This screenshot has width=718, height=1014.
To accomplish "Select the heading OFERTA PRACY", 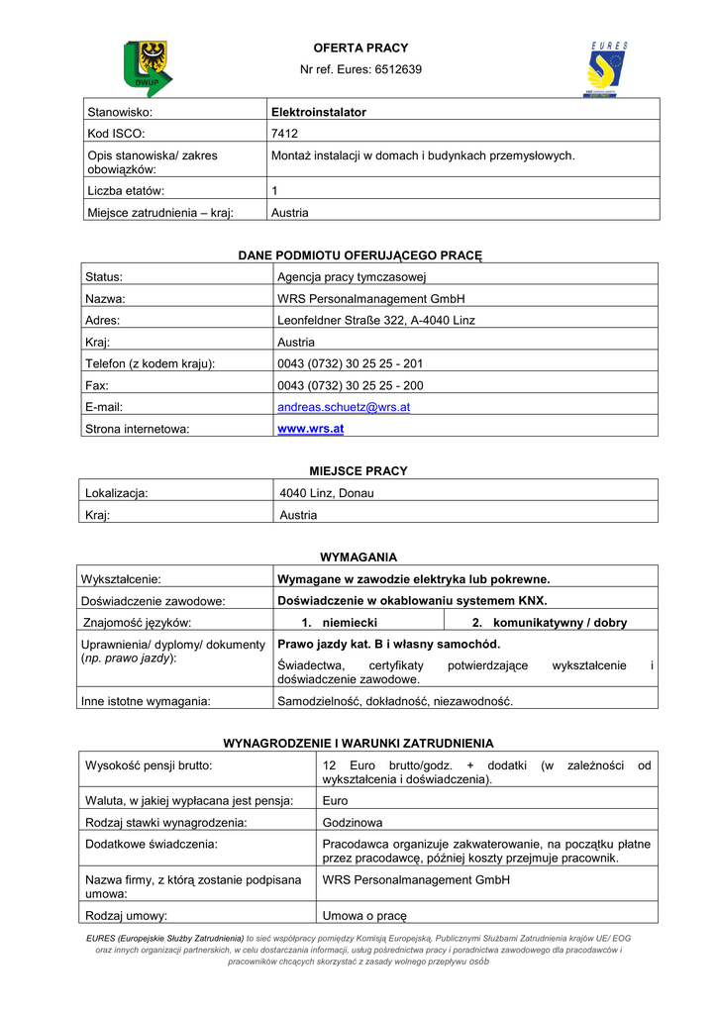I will (360, 48).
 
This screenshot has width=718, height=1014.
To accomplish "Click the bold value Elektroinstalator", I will (319, 113).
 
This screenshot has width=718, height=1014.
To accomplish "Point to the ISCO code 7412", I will (283, 134).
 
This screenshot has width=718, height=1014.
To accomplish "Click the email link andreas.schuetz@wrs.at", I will (344, 407).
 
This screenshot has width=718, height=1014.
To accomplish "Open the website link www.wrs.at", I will (311, 429).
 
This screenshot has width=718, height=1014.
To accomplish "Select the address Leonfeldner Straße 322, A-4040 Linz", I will (376, 321).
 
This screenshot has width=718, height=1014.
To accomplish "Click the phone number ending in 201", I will (351, 363).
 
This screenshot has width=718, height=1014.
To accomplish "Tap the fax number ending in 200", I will (351, 385).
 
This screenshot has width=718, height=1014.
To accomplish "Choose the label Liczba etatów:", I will (126, 190).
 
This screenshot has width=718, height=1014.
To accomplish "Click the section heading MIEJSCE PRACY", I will (359, 471).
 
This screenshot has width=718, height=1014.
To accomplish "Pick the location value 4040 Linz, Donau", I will (327, 493).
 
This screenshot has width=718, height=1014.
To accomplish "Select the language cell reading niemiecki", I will (346, 623).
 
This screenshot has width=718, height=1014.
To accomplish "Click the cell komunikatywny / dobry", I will (560, 623).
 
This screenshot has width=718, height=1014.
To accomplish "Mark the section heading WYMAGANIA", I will (359, 558).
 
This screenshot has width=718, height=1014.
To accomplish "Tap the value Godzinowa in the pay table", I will (353, 823).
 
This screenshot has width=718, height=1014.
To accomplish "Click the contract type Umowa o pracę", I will (365, 916).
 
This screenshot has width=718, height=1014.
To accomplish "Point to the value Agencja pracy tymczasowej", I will (352, 277).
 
